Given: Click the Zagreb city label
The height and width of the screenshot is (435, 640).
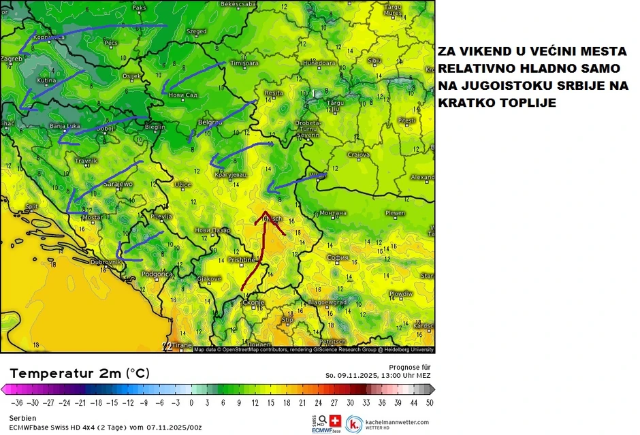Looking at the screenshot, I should point(11,59).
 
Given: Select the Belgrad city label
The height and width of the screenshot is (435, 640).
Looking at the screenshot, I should point(209,122).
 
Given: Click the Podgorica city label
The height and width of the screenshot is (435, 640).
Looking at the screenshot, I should point(157,274).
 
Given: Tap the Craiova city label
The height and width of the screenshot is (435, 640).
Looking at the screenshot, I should point(358,155).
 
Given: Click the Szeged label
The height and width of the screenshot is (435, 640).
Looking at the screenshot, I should point(197,31).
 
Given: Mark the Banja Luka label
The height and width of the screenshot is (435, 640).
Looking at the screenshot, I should point(65,126).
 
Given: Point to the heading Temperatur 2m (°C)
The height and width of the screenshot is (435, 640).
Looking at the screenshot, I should point(80,373).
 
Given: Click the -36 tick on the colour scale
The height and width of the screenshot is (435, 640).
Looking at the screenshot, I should point(16,402).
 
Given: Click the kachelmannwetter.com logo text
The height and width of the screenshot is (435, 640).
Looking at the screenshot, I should point(397,422).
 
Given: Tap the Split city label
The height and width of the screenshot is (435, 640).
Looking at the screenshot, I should point(31,206).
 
